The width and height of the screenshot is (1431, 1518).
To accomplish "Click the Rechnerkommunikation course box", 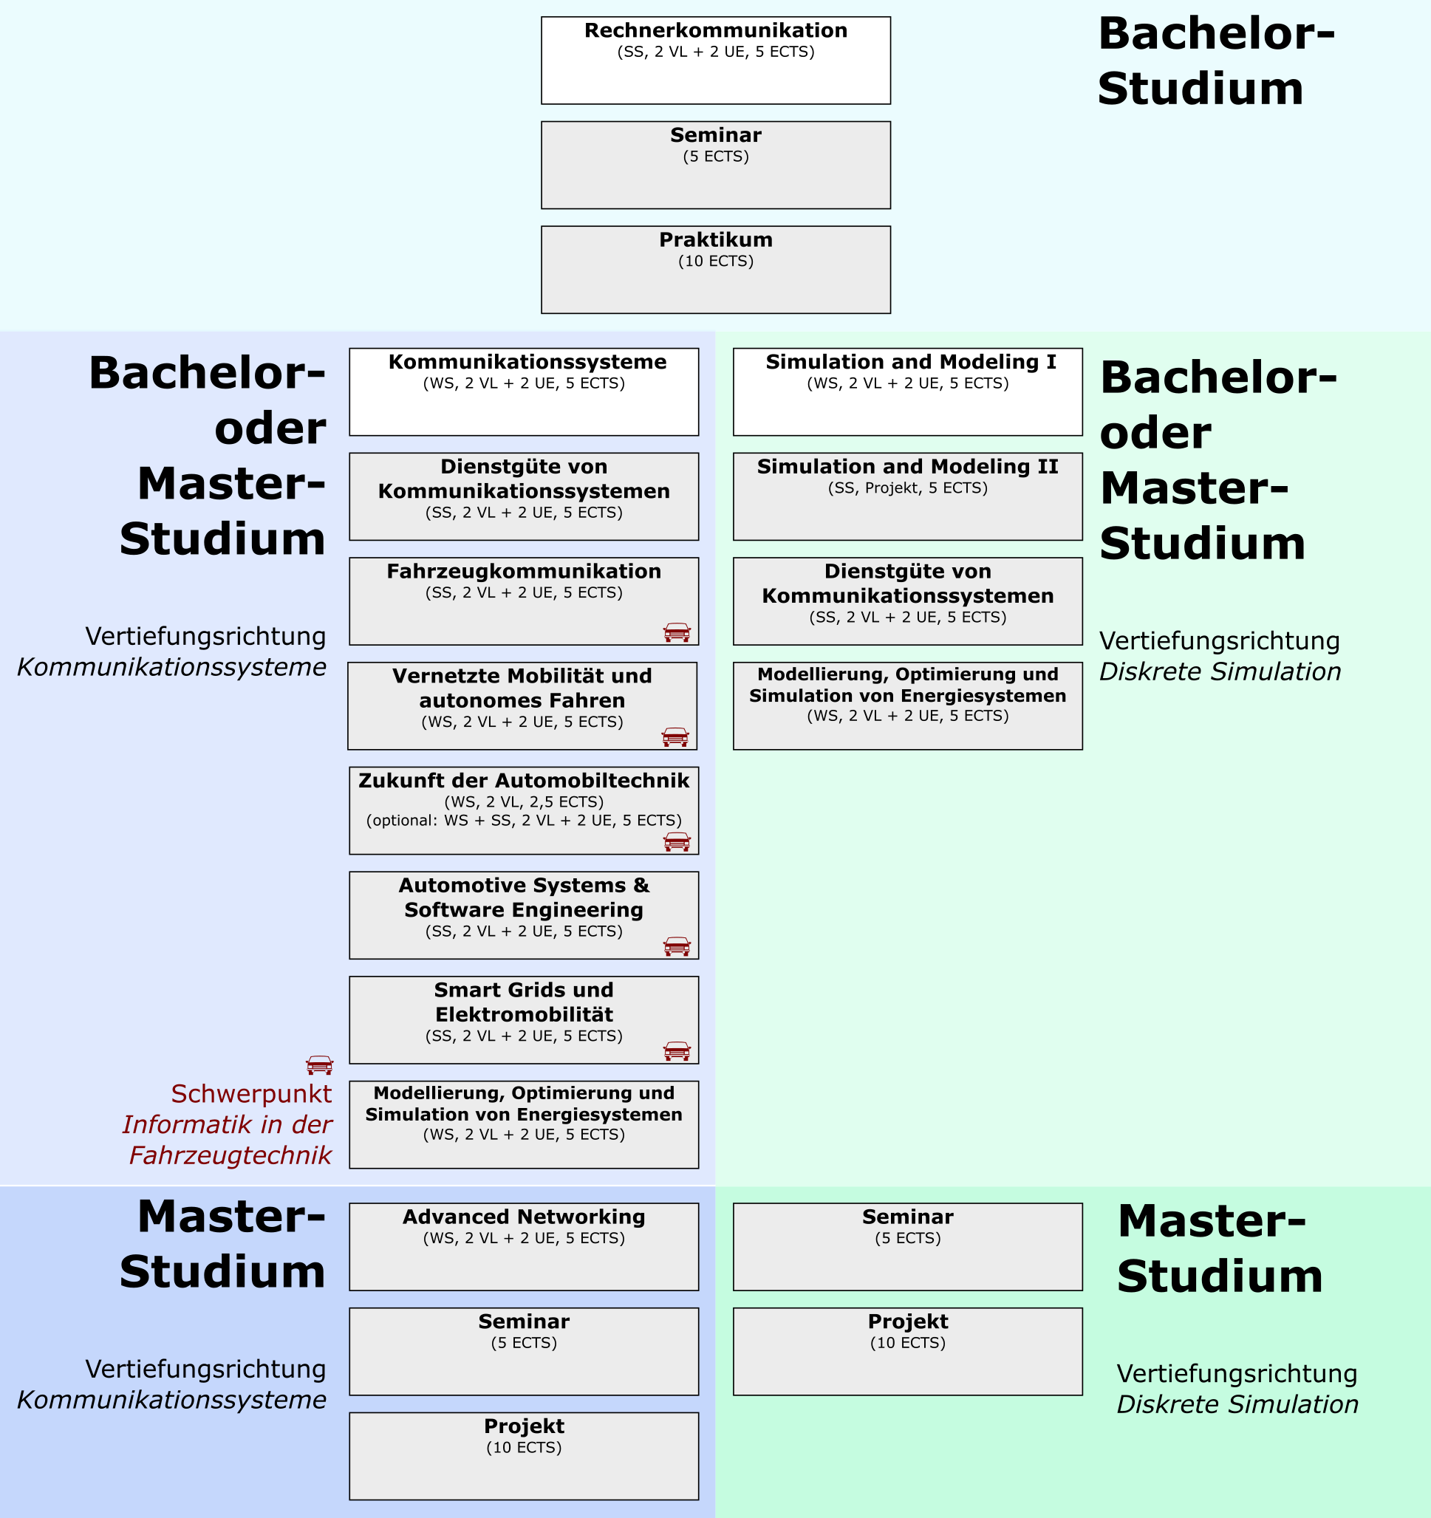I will [x=715, y=61].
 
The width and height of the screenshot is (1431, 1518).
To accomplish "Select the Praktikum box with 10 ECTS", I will [x=715, y=270].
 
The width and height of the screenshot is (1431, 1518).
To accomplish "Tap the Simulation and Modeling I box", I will [x=907, y=392].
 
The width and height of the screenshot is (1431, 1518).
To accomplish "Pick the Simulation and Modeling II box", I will [x=907, y=496].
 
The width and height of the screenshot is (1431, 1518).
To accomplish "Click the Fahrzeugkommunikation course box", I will [x=524, y=601].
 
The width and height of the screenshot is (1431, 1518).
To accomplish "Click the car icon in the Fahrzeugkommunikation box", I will [x=677, y=632].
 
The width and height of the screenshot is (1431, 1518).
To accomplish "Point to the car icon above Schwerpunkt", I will [x=319, y=1064].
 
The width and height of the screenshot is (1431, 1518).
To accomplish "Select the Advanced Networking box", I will [x=524, y=1247].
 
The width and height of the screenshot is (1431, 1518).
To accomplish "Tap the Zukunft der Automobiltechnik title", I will [x=524, y=780].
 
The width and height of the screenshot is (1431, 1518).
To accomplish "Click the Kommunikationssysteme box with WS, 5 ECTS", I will [x=524, y=392].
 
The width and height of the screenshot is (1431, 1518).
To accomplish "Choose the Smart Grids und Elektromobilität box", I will [x=524, y=1019].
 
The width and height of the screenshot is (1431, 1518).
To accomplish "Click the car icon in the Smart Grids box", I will [x=677, y=1050].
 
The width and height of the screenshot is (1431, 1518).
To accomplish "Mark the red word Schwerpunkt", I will [x=251, y=1093].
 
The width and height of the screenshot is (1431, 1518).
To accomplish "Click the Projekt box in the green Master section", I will [x=907, y=1352].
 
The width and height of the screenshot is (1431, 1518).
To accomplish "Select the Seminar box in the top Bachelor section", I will [x=715, y=165].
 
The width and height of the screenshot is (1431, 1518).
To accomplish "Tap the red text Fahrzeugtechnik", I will [x=230, y=1155].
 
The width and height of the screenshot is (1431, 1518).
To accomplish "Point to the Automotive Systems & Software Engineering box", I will [x=524, y=914].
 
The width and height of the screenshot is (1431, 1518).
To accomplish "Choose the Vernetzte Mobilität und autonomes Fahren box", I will [x=522, y=705].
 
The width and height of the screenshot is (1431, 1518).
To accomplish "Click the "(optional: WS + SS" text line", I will [x=524, y=820].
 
